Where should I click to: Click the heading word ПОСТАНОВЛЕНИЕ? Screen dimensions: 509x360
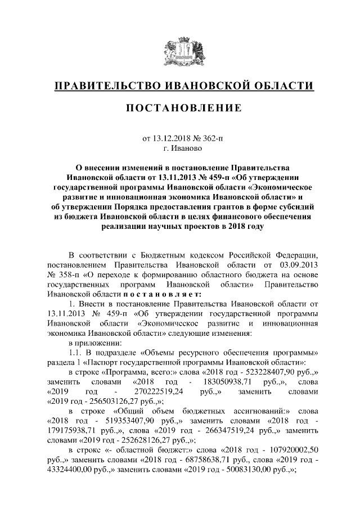[x=180, y=108]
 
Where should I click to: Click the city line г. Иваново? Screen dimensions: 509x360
[x=180, y=148]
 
